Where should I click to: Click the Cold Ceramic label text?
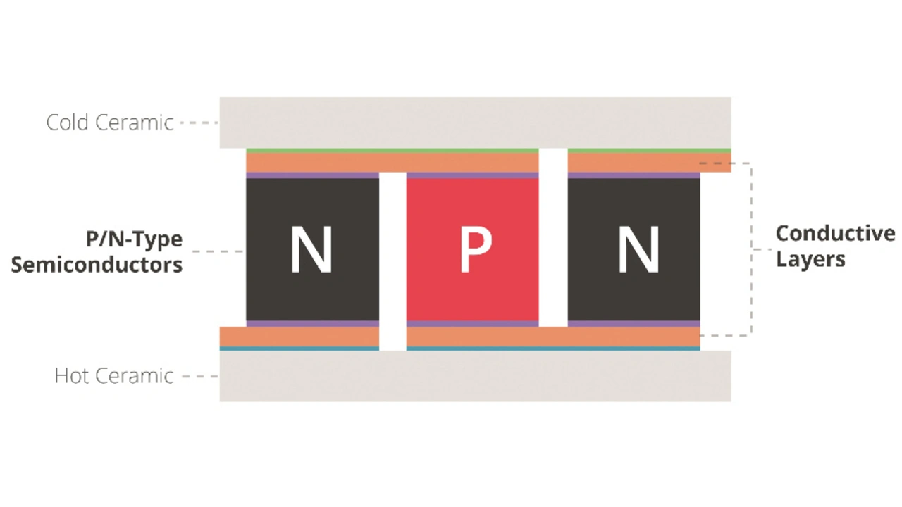110,123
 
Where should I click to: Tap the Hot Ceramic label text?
114,376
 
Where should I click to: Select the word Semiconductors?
97,265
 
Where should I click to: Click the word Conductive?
835,234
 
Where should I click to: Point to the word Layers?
810,259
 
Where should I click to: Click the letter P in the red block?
475,251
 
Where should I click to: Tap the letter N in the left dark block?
311,251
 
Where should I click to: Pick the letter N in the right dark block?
638,251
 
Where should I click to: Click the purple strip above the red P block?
472,175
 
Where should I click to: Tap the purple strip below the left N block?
312,324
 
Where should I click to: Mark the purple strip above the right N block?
634,175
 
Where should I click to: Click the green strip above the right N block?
648,151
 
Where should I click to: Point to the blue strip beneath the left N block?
299,349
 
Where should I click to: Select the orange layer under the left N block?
299,337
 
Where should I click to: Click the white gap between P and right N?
553,239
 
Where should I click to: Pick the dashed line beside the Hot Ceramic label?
200,376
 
